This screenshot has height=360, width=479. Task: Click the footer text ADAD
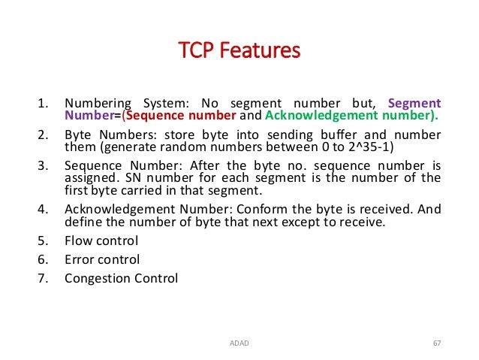tap(238, 344)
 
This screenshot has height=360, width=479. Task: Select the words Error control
tap(102, 260)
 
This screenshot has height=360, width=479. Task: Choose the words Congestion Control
tap(121, 278)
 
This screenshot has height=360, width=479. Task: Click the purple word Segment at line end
tap(414, 104)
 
